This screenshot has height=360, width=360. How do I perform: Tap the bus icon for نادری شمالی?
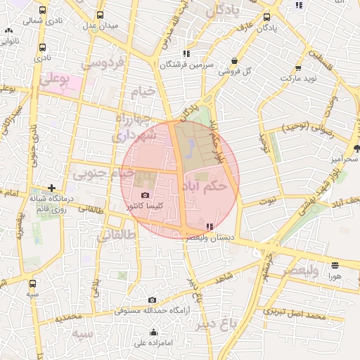(43, 11)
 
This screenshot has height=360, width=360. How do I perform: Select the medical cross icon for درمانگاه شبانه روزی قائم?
(51, 188)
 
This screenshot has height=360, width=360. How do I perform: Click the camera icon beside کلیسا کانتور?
(145, 195)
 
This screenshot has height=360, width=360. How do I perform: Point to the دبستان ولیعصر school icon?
(210, 226)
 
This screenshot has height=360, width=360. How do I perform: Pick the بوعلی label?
(54, 80)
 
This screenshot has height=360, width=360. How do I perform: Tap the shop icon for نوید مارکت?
(299, 69)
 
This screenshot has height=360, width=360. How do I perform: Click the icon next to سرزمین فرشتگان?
(186, 53)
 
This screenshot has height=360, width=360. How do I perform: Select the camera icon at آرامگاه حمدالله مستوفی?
(152, 300)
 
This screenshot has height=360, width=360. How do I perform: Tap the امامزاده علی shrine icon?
(154, 333)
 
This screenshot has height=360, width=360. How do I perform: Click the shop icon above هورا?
(333, 265)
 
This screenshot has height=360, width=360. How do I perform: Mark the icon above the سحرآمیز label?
(356, 147)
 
